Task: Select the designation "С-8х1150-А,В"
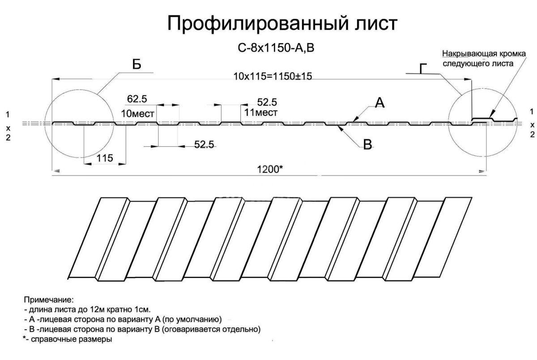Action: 276,48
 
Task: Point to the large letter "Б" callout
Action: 136,64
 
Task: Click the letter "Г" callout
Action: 423,69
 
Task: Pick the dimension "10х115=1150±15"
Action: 273,76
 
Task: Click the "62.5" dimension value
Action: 137,99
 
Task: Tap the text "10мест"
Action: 138,113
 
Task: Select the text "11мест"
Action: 261,112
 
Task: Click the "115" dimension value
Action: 105,158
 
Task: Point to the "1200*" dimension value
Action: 270,169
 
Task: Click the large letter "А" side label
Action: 379,103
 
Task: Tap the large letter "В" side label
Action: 367,145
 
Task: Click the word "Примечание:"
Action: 49,300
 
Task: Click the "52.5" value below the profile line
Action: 204,144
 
